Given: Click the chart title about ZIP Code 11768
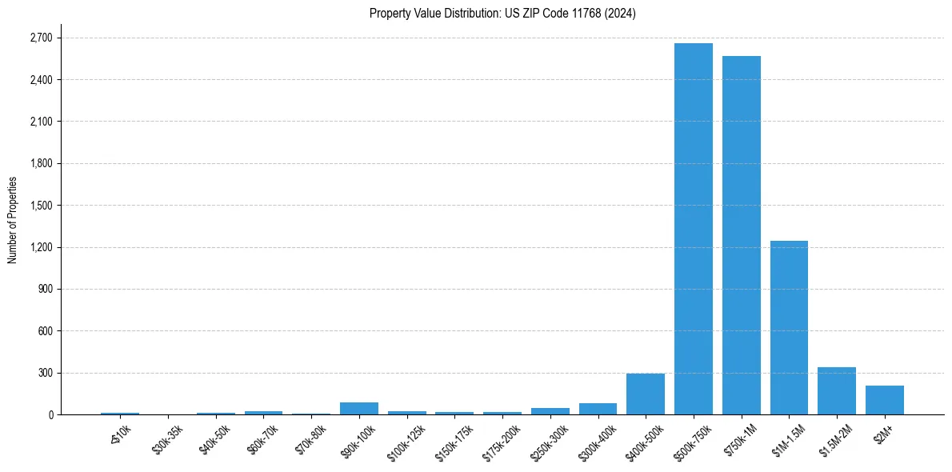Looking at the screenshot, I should click(502, 14).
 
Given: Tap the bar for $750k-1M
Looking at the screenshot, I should click(741, 235).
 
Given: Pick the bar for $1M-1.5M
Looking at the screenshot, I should click(789, 327).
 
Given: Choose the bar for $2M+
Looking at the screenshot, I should click(884, 400).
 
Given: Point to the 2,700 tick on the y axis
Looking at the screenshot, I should click(40, 38).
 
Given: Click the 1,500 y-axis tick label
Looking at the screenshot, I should click(40, 206).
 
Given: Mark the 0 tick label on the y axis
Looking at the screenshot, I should click(50, 414).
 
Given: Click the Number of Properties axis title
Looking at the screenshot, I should click(12, 220).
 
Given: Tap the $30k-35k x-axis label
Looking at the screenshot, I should click(166, 438).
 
